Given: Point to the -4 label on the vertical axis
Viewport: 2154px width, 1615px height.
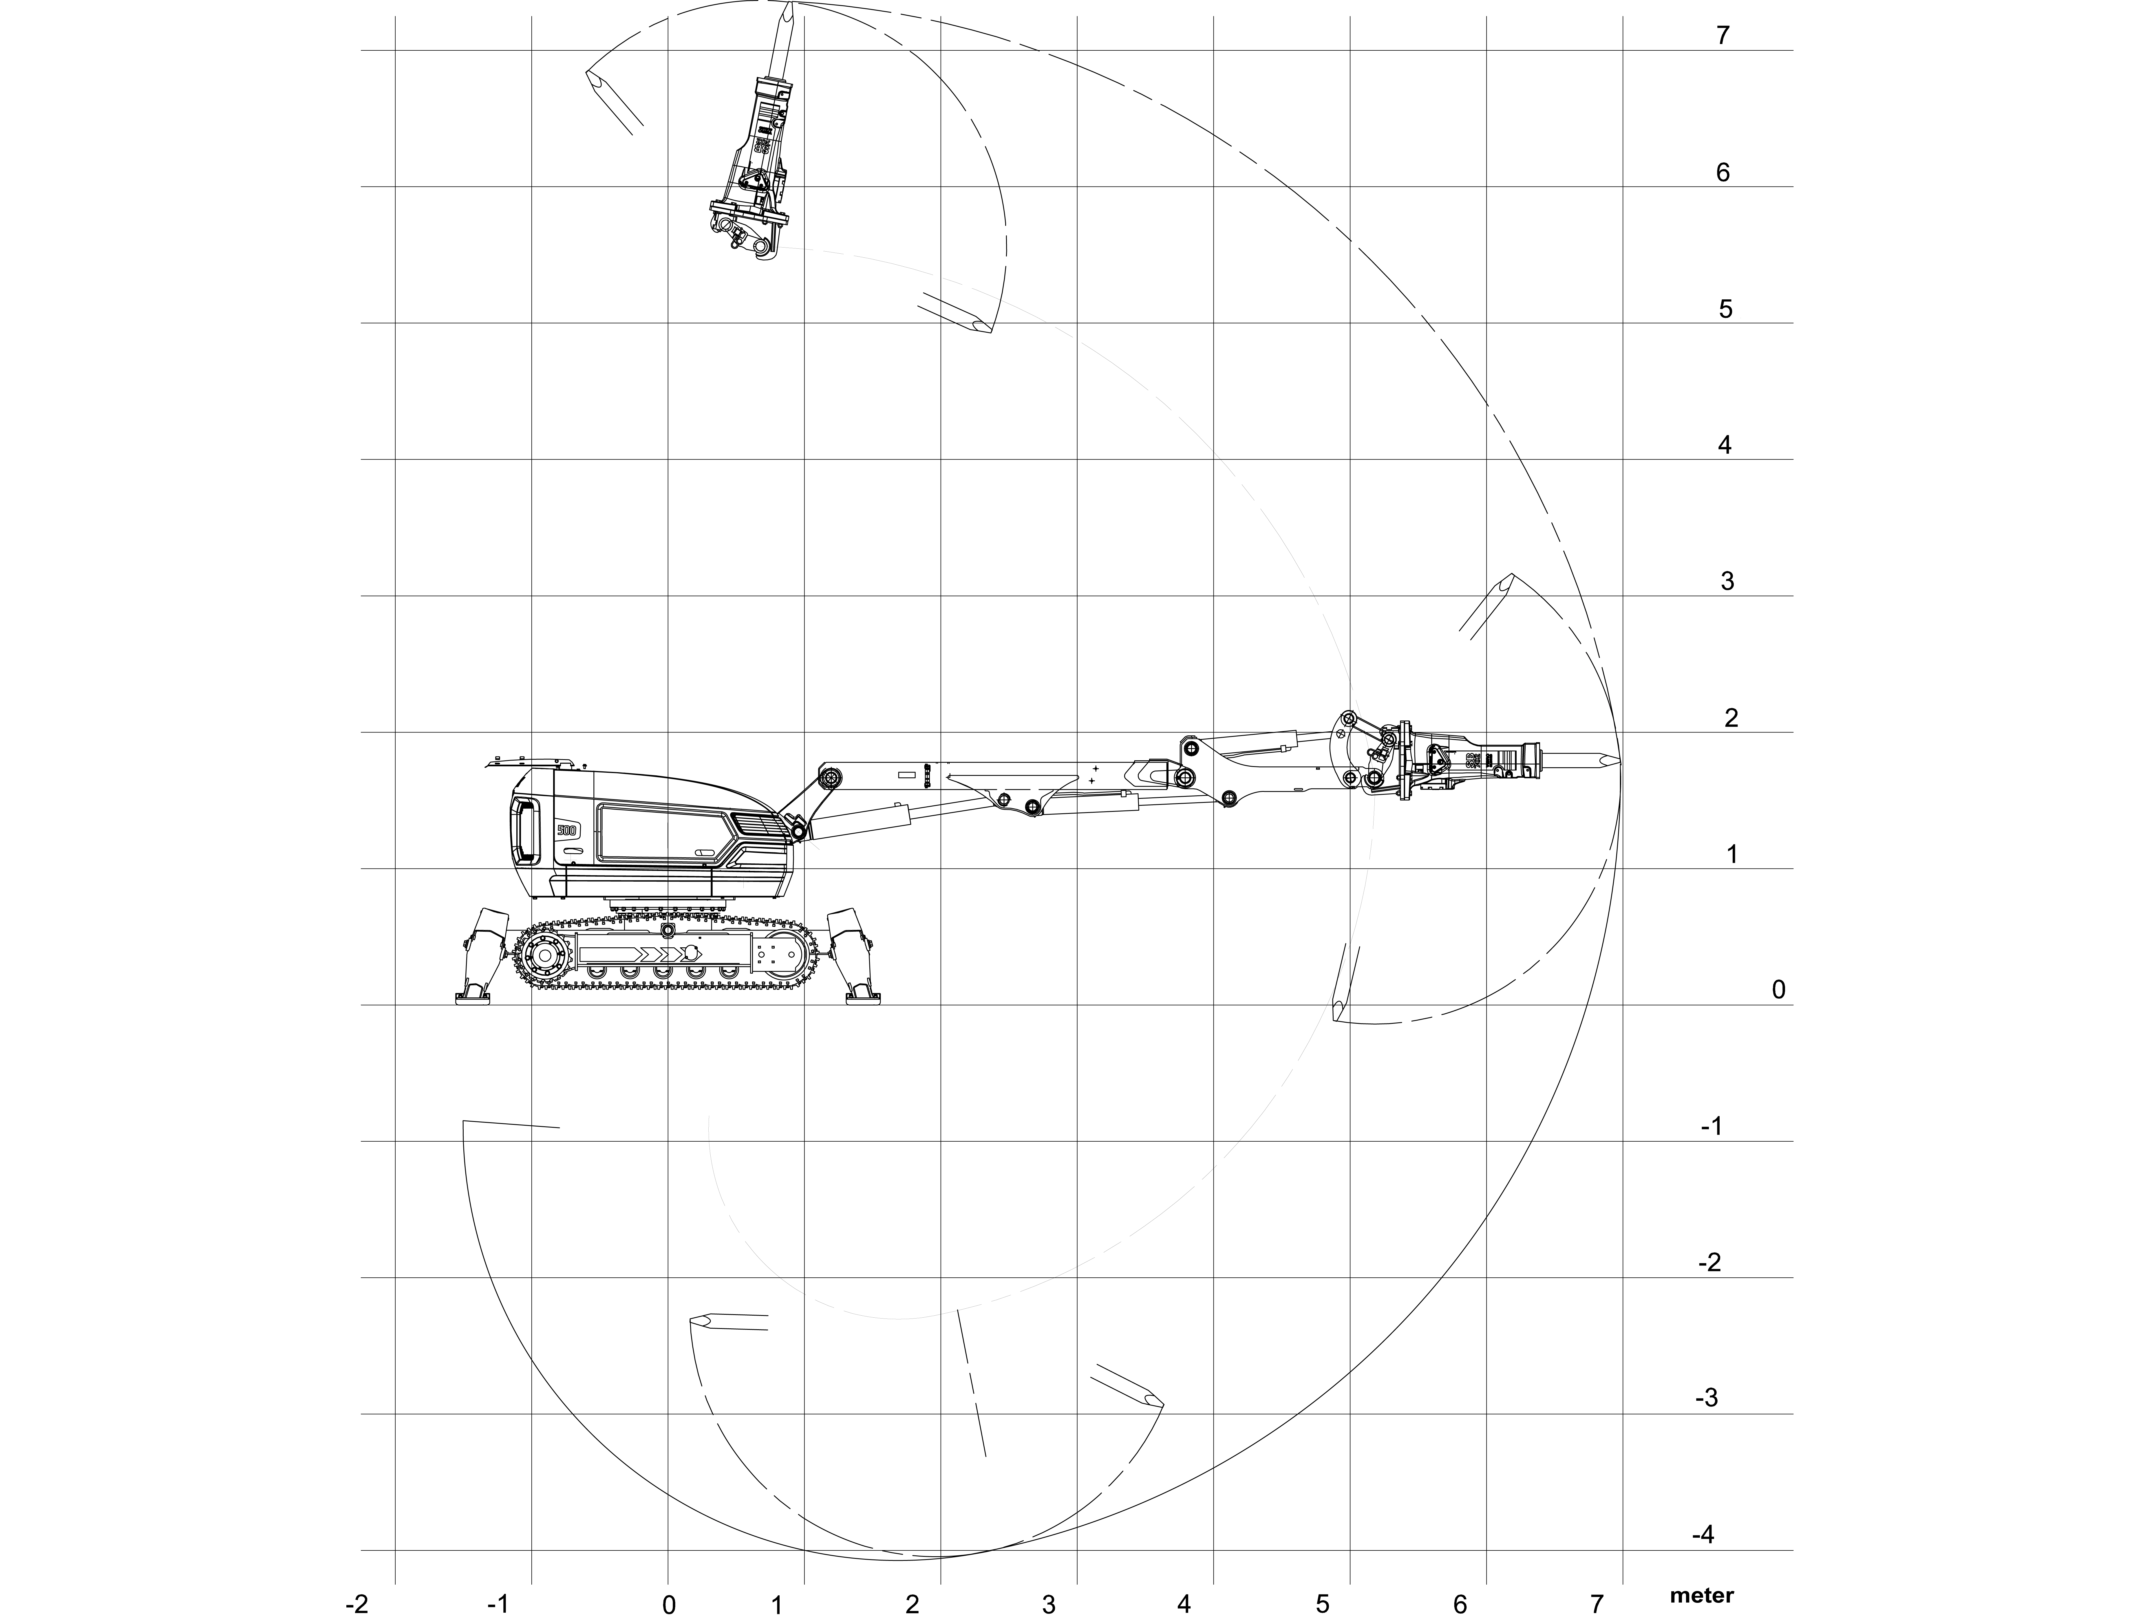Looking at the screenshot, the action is pyautogui.click(x=1704, y=1535).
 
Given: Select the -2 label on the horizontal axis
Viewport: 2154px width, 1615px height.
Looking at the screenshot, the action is pyautogui.click(x=357, y=1604).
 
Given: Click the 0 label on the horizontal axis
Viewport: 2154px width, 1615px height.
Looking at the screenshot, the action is pyautogui.click(x=669, y=1604).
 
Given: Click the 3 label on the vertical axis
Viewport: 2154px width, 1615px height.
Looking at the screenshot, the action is pyautogui.click(x=1727, y=581).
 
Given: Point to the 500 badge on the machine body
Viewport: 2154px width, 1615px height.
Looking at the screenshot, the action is pyautogui.click(x=567, y=830).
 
